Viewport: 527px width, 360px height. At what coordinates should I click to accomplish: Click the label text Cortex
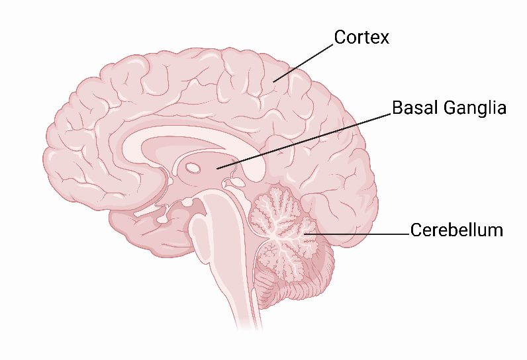[361, 37]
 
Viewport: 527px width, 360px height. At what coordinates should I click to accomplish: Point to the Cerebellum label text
[456, 230]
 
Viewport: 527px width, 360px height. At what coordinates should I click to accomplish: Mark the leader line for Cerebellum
[358, 234]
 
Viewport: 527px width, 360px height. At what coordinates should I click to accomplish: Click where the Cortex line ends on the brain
[274, 82]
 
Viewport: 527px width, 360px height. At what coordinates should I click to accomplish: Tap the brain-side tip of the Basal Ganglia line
[217, 168]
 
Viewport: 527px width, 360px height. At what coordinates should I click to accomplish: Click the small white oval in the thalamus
[193, 168]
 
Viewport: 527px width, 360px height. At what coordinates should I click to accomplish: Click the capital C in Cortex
[340, 37]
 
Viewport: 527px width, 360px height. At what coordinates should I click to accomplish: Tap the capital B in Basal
[398, 107]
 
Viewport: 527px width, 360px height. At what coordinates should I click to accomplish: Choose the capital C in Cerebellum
[416, 230]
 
